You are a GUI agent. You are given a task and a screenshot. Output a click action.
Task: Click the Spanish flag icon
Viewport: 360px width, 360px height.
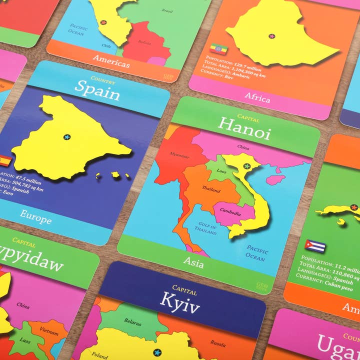point(5,161)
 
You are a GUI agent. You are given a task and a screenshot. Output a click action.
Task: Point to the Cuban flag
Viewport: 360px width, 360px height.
point(315,246)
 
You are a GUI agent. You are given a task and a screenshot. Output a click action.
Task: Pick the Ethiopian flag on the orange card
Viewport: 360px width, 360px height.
point(218,49)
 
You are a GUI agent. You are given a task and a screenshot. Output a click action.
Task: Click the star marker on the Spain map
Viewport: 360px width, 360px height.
point(67,136)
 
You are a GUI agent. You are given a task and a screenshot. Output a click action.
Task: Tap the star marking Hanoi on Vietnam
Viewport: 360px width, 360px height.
point(246,166)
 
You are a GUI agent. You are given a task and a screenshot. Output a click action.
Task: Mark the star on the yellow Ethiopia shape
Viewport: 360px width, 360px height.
point(272,36)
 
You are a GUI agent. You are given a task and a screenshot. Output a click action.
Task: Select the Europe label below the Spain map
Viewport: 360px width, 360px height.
point(35,217)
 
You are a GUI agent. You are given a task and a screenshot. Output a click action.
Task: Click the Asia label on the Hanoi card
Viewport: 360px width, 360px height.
point(193,261)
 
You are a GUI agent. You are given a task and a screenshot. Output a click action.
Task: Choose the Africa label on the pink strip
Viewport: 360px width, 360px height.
point(257,97)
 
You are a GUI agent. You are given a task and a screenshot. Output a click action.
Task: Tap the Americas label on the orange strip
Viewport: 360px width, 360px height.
point(111,63)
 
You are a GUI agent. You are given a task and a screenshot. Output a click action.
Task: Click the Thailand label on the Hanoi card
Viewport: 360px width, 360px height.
point(211,189)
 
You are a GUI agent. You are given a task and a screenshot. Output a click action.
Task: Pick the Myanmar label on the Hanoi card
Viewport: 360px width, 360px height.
point(179,154)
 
